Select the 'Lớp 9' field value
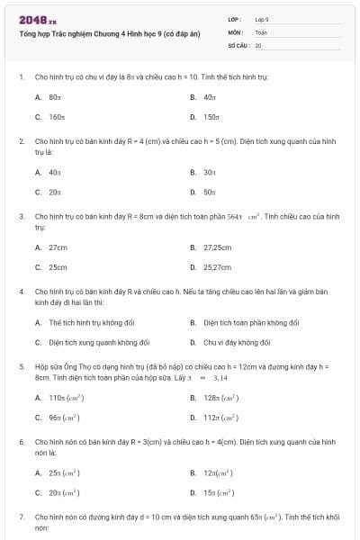point(262,19)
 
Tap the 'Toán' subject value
point(261,31)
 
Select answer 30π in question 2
point(209,172)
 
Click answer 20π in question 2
point(54,192)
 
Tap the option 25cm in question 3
point(58,267)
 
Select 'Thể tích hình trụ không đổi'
point(91,322)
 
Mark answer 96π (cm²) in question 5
point(63,418)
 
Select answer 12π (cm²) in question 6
point(218,472)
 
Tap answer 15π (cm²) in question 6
point(219,492)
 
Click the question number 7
point(21,518)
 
